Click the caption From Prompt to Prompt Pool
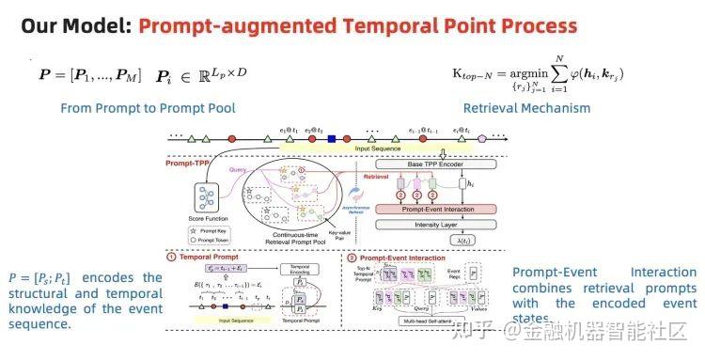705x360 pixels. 148,108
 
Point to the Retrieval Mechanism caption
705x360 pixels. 526,108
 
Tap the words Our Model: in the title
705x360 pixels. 75,24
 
